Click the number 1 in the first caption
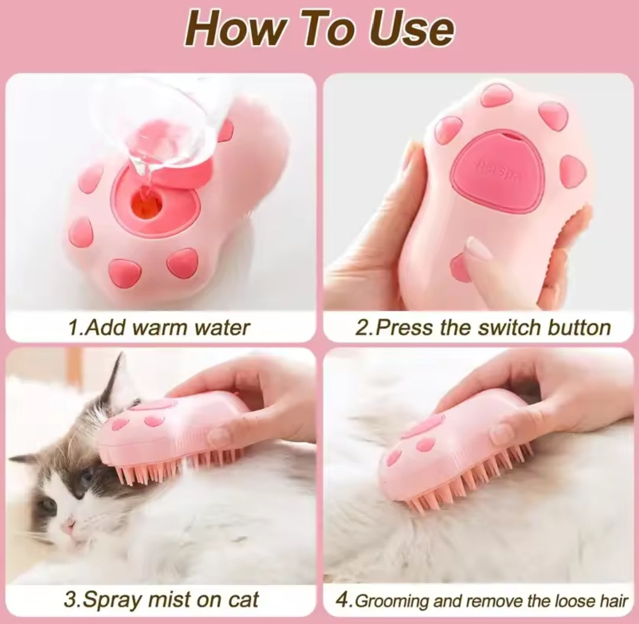[x=73, y=327]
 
